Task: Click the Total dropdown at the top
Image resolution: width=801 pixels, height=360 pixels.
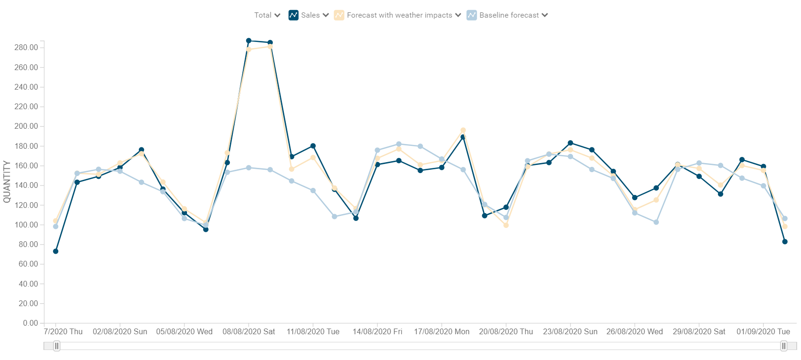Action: tap(267, 15)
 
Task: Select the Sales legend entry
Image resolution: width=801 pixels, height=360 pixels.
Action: tap(309, 15)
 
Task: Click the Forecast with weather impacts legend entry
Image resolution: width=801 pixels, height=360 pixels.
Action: tap(398, 15)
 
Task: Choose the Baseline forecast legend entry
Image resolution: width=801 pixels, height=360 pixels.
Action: tap(508, 15)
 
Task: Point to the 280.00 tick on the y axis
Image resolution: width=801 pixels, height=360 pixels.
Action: tap(26, 48)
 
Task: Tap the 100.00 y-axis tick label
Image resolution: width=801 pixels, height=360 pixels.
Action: tap(26, 225)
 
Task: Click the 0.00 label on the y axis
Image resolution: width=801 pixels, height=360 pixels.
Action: tap(30, 323)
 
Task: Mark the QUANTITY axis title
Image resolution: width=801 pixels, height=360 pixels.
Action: tap(7, 182)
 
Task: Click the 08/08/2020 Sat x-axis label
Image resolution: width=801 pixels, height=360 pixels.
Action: tap(249, 332)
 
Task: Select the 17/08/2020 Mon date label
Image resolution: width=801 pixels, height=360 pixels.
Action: tap(441, 332)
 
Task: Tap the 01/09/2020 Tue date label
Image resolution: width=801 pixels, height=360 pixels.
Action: tap(763, 332)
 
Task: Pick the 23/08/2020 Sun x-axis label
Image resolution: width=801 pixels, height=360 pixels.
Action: tap(570, 332)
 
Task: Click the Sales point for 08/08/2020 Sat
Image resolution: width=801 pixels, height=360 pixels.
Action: tap(249, 41)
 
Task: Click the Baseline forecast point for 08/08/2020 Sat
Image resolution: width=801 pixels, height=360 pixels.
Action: tap(249, 168)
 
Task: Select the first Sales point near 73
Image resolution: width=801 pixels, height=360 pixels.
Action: tap(56, 251)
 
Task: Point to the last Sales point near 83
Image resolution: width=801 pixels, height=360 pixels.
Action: tap(785, 242)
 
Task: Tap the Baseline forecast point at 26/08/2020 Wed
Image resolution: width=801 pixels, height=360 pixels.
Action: tap(635, 213)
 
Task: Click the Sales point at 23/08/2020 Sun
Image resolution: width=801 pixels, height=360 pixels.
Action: tap(570, 143)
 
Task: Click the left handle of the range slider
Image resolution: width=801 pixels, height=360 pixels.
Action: tap(56, 346)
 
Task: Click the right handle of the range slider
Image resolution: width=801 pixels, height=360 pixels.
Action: tap(783, 346)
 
